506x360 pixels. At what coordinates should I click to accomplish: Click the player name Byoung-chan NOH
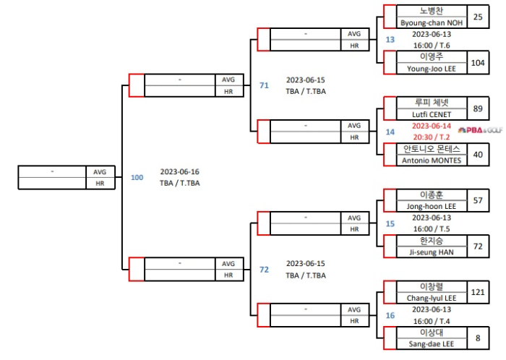point(431,22)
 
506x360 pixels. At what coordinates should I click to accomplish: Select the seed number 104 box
point(478,62)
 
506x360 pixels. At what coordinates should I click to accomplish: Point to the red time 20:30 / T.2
point(431,137)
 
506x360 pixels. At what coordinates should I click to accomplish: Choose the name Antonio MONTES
point(431,160)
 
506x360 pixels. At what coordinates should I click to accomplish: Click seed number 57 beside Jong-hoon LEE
point(478,200)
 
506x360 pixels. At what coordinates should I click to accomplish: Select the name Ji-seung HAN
point(431,252)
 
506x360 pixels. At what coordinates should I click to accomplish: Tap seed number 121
point(478,292)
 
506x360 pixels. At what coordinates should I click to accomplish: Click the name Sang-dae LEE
point(431,344)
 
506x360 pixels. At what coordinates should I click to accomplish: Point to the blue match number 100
point(137,177)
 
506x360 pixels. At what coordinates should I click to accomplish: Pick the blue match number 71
point(264,85)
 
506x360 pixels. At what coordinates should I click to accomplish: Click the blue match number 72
point(264,270)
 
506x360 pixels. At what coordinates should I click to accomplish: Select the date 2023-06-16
point(180,171)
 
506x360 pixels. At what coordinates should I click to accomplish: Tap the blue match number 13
point(390,39)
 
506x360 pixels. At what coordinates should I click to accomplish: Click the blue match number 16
point(390,315)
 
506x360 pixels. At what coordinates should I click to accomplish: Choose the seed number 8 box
point(478,338)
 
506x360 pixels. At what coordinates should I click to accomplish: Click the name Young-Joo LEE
point(431,68)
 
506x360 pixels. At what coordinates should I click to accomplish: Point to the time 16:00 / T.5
point(431,229)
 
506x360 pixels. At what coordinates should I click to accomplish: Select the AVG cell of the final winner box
point(100,172)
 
